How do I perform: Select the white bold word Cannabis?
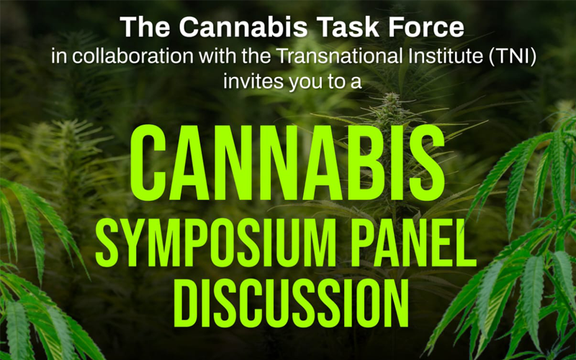[x=243, y=27]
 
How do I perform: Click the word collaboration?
[x=132, y=56]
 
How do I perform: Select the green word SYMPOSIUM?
[x=216, y=243]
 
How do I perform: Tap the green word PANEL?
[x=412, y=243]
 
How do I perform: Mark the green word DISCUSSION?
[x=291, y=303]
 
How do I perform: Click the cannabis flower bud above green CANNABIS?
[x=390, y=107]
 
